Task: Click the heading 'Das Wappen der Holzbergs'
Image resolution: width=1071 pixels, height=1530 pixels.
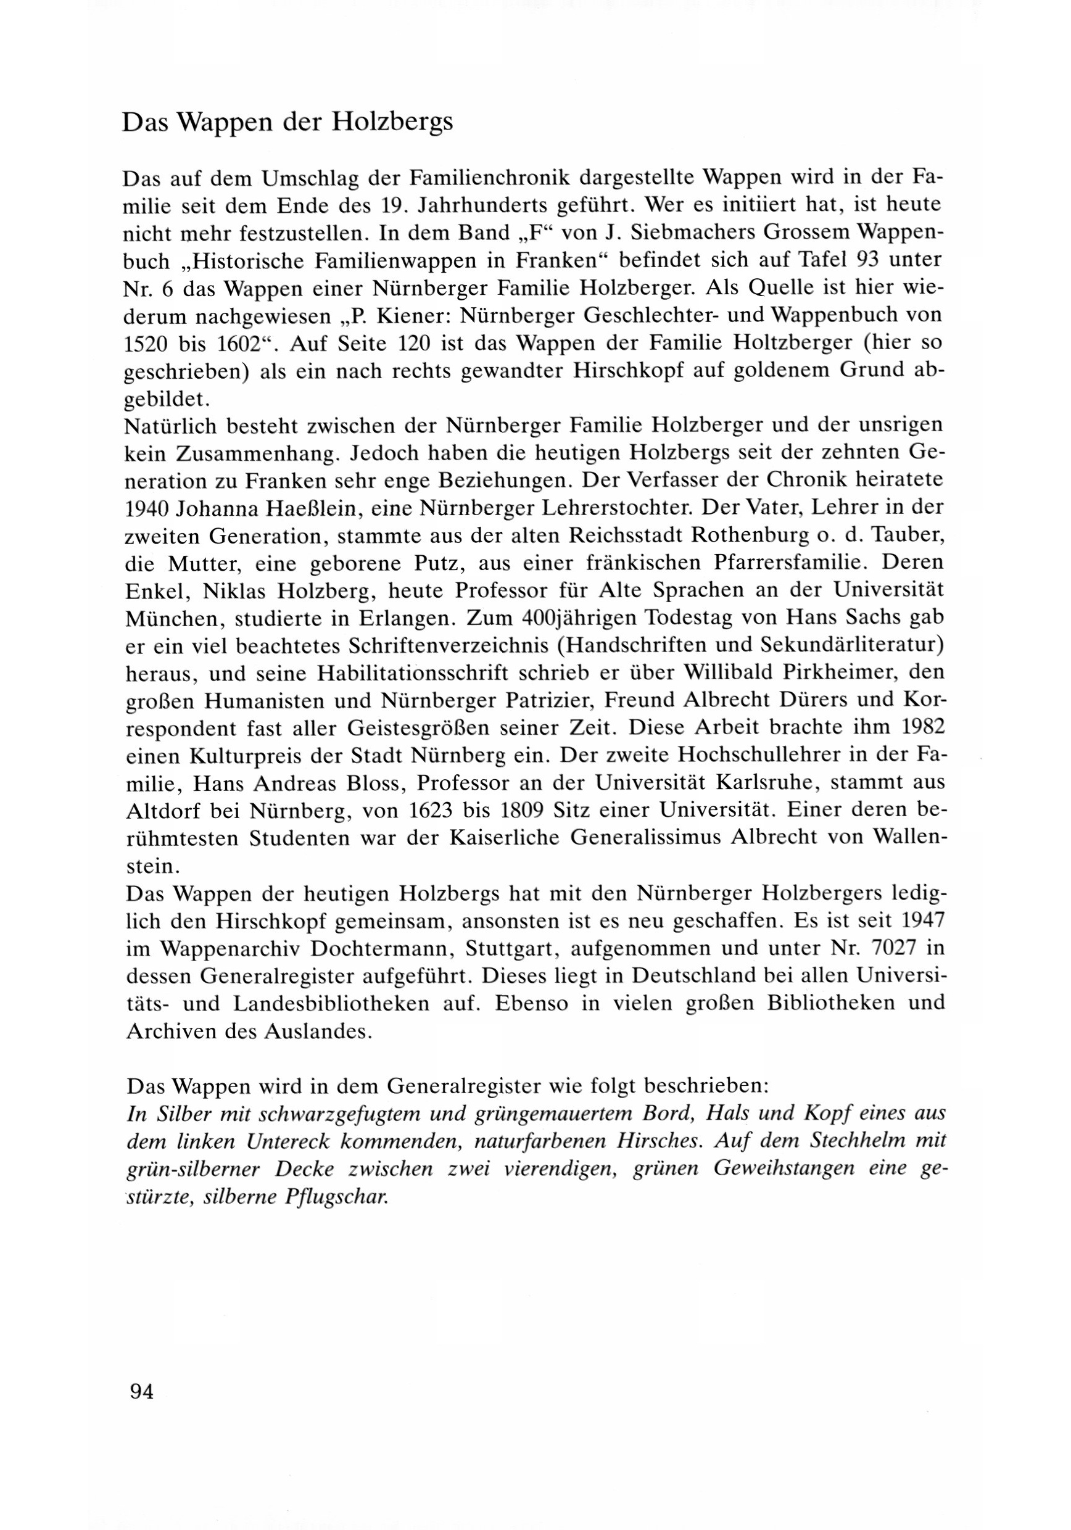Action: coord(287,123)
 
